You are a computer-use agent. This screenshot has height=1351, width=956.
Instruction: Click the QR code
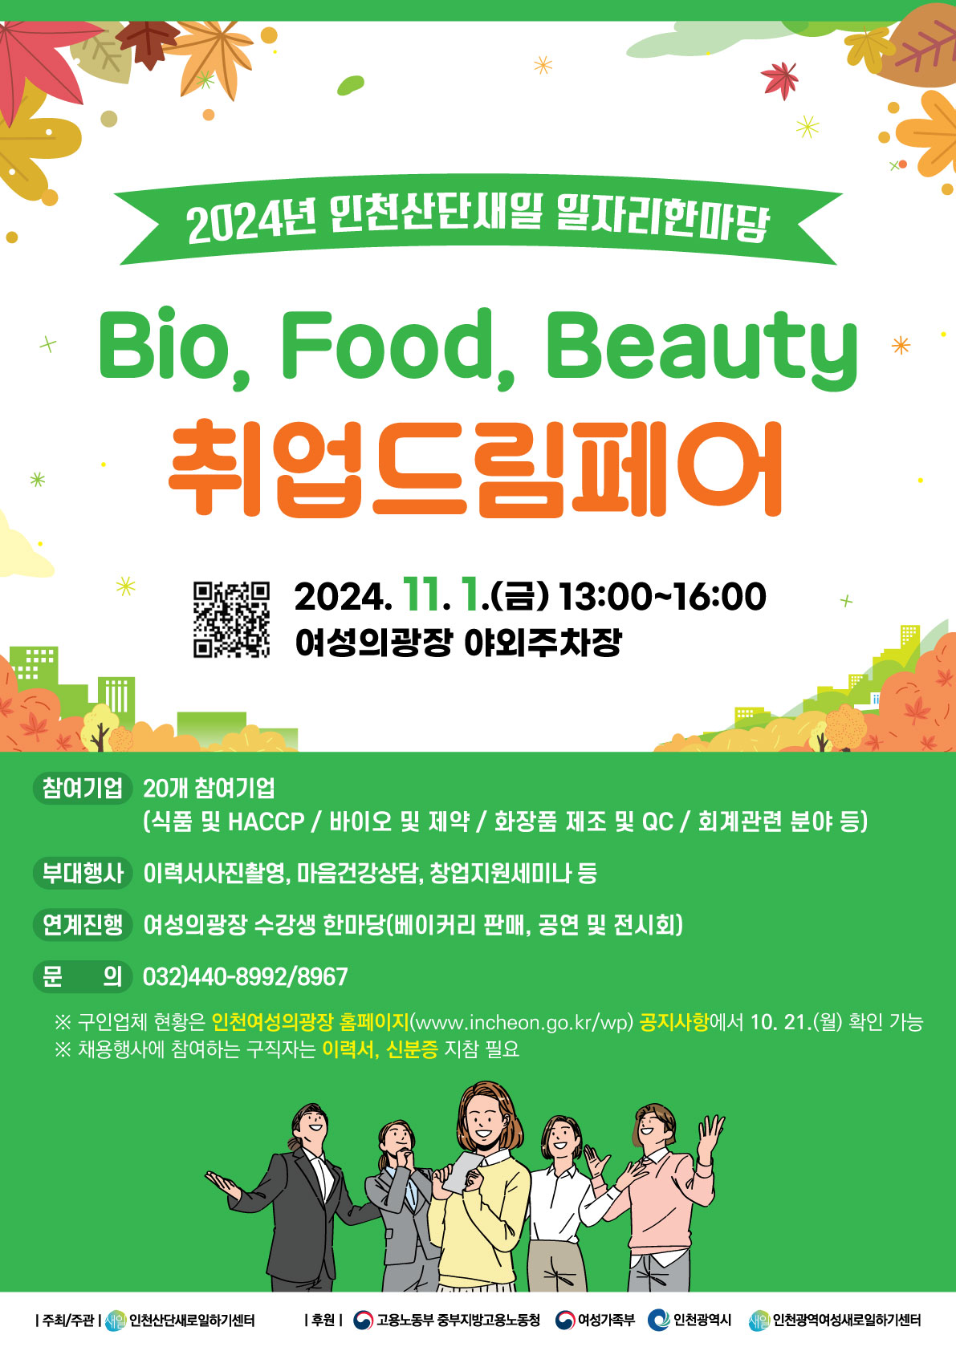[231, 619]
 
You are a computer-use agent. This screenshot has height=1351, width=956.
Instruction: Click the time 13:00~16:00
[663, 597]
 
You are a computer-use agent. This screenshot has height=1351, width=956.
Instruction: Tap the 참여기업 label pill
[83, 788]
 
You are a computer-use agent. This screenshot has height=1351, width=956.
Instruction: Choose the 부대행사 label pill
[83, 873]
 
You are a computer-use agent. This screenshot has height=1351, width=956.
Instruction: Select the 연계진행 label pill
[83, 924]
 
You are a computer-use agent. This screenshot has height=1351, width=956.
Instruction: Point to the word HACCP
[266, 822]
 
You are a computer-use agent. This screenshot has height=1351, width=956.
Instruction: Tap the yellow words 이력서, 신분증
[380, 1049]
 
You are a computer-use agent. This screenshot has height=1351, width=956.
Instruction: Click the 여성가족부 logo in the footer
[566, 1321]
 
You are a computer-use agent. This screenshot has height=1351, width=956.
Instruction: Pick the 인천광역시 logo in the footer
[658, 1321]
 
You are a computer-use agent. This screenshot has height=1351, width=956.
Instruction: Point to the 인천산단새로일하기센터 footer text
[193, 1321]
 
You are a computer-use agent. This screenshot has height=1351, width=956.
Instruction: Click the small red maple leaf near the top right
[780, 79]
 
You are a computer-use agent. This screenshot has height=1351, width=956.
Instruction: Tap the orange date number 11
[421, 595]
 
